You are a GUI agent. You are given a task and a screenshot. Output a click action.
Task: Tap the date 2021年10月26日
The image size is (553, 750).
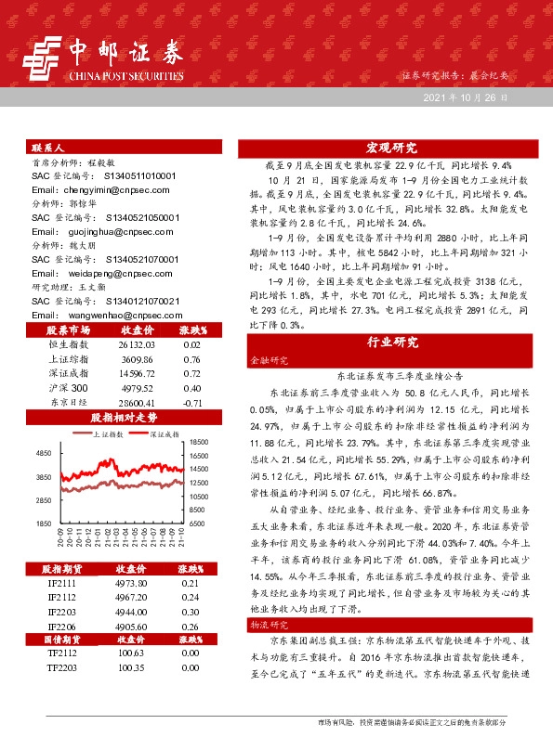tap(465, 97)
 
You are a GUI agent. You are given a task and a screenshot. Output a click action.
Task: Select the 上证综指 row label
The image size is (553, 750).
tap(66, 358)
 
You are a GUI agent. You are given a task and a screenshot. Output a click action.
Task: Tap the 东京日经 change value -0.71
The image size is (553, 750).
tap(193, 403)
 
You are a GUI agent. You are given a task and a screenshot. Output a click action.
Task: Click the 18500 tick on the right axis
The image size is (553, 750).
tap(198, 443)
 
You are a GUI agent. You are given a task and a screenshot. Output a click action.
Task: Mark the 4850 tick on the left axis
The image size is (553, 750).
tap(43, 453)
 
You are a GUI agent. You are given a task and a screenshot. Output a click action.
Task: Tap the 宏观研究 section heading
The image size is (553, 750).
tap(391, 148)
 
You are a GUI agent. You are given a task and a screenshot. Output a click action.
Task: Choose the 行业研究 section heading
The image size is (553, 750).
tap(391, 342)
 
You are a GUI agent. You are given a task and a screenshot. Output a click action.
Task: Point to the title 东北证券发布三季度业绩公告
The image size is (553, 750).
tap(391, 376)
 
